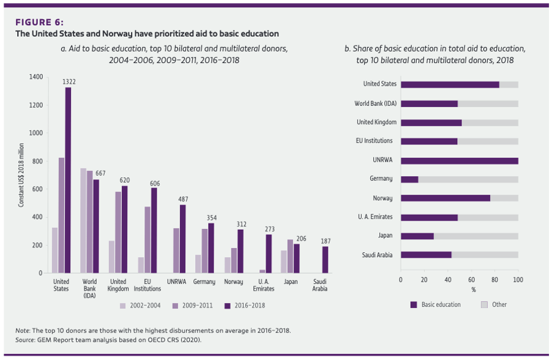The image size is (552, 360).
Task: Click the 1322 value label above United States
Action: tap(68, 81)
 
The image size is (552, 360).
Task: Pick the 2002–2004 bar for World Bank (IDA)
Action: tap(83, 220)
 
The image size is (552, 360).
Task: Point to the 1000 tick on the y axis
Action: tap(35, 133)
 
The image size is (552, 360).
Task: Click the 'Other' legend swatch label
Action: tap(499, 304)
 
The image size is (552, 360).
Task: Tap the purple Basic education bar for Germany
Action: tap(409, 179)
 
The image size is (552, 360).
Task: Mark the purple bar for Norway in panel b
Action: tap(446, 198)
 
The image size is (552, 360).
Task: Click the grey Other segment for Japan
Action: tap(476, 236)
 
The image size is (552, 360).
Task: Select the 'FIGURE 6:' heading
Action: tap(39, 23)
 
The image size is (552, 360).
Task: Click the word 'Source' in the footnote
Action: tap(24, 339)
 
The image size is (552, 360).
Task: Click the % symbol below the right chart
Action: tap(474, 289)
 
